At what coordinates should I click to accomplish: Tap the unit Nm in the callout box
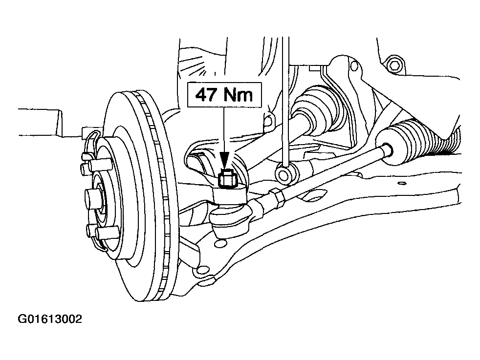238,94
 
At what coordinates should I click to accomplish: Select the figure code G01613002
50,319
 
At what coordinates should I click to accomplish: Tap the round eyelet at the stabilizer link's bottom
284,174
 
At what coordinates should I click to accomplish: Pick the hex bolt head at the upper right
394,65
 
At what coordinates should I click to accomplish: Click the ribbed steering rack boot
429,138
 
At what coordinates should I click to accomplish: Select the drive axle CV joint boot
318,106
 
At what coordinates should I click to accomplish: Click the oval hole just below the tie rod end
221,243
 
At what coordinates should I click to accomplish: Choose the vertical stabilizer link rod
285,101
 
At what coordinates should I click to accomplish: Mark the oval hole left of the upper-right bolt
354,65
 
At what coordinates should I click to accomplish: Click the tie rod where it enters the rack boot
387,149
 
